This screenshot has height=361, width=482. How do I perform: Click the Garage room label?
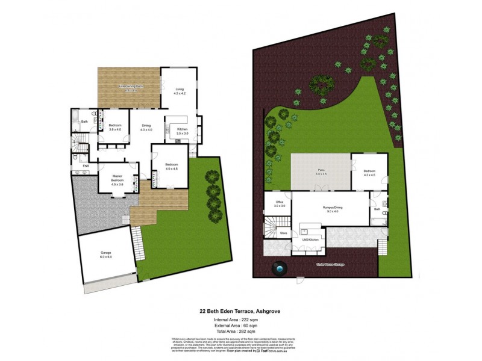pos(105,255)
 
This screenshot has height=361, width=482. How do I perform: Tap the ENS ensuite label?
pos(78,166)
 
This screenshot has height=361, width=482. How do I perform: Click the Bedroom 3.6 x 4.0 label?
pos(114,127)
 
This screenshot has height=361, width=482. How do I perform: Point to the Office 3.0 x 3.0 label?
pos(279,203)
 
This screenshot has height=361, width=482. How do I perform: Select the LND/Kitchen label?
pos(308,239)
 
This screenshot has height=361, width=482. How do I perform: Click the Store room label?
pos(283,232)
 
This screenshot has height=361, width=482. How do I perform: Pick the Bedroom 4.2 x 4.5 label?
pos(369,172)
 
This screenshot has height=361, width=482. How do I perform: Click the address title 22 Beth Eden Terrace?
pos(240,311)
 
